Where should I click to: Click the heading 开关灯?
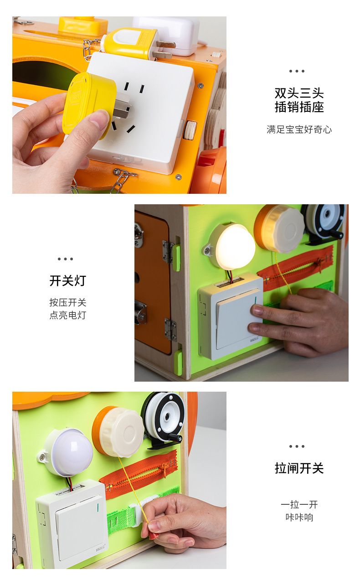[67, 281]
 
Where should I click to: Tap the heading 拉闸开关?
[299, 468]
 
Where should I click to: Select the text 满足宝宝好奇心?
[299, 129]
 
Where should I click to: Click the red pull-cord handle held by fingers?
[154, 536]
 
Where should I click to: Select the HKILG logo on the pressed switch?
[254, 340]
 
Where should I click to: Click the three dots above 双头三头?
[297, 71]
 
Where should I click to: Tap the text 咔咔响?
[299, 518]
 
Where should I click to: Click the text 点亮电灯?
[67, 315]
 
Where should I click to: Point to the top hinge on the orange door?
[168, 252]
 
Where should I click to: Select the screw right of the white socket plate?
[201, 85]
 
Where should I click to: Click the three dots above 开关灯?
[65, 259]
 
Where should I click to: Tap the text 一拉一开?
[299, 505]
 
